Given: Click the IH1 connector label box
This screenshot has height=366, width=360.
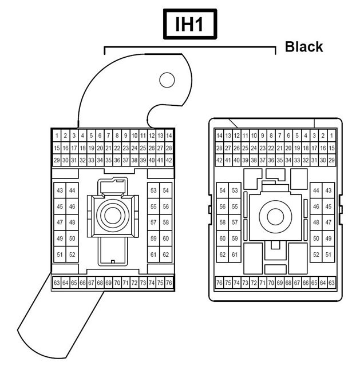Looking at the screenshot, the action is pos(190,24).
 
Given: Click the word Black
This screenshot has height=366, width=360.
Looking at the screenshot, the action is pos(304,47).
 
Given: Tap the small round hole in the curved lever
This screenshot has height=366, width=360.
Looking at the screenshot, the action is pos(167,80).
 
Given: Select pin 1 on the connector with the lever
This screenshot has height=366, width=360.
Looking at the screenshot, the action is pos(57,136).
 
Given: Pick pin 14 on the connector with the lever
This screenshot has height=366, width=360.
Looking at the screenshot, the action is pos(169,136).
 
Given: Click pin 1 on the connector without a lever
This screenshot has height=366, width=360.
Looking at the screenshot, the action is pos(331,136).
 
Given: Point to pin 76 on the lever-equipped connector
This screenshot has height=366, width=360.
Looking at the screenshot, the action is pos(169,283).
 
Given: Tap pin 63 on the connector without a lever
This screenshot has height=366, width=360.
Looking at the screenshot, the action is pos(331,283).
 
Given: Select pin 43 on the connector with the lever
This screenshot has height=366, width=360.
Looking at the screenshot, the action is pos(60,190).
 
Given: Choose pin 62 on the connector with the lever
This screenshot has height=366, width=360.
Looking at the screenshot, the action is pos(165,254).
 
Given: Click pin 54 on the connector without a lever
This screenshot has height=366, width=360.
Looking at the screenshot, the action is pos(223,190).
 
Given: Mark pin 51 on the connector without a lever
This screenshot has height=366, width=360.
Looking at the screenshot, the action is pos(328,254).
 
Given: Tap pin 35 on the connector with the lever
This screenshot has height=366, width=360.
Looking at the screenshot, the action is pos(108,160).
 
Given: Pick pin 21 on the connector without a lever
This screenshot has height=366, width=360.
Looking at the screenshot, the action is pos(280,148).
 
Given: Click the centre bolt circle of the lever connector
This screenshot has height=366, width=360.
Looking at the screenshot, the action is pos(113,216).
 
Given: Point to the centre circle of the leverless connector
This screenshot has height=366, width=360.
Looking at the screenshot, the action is pos(275,217).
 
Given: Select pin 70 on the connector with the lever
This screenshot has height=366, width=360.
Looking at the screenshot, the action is pos(117,283).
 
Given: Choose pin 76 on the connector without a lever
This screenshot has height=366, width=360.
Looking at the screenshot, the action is pos(219,283).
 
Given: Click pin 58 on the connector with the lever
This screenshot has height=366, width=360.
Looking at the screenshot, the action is pos(165,222).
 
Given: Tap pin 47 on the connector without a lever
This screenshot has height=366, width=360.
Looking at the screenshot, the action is pos(328,222).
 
